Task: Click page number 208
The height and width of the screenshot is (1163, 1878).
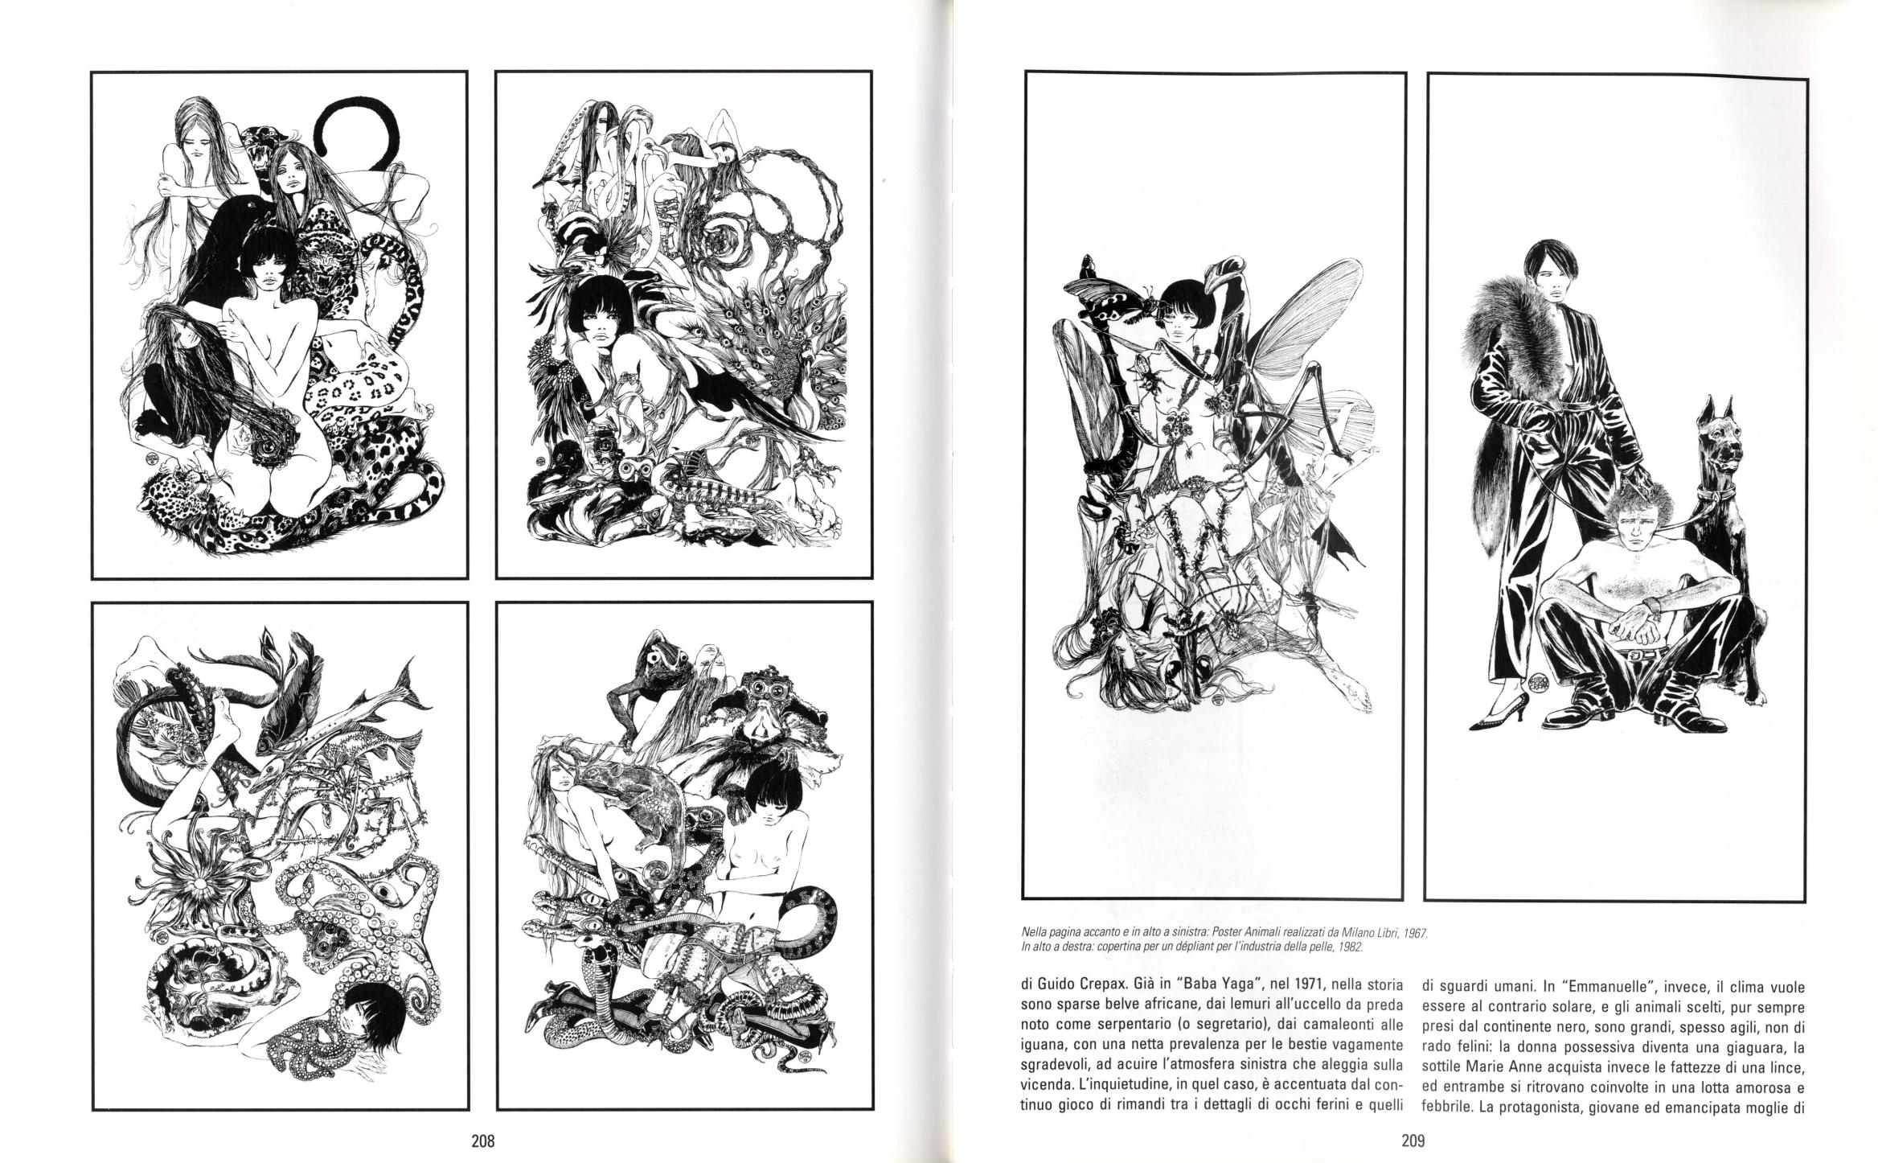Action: click(482, 1140)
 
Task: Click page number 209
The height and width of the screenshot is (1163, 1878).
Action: click(1413, 1140)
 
